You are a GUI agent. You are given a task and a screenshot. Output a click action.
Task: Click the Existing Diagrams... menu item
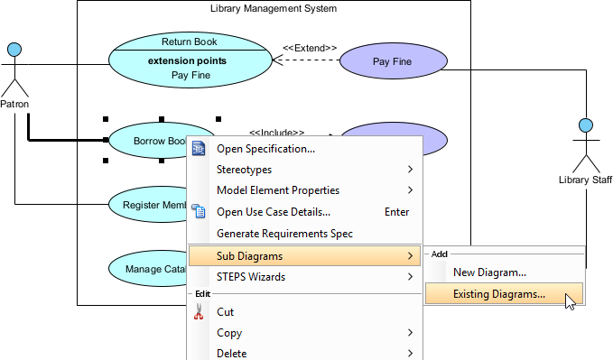coord(499,293)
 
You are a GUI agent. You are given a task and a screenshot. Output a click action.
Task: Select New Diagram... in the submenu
coord(489,272)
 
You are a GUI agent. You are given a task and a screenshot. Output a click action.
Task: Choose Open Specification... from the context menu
coord(265,149)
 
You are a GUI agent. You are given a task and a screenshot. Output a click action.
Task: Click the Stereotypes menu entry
coord(244,170)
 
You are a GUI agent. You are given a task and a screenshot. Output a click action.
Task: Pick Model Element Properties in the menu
coord(278,190)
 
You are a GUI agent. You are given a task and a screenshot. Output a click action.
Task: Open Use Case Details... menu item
coord(274,212)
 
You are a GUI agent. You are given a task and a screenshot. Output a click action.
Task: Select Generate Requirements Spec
coord(284,234)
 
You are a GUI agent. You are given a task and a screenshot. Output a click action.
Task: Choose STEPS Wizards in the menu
coord(251,277)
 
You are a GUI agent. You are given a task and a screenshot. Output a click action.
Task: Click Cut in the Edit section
coord(225,312)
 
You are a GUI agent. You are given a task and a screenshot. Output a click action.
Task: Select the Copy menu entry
coord(229,333)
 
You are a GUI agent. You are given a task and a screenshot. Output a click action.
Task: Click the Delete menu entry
coord(231,353)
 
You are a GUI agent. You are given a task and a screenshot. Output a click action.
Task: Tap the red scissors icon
coord(199,312)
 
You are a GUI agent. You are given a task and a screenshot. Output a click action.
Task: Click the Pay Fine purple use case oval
coord(393,61)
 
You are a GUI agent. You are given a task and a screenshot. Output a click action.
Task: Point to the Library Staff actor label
coord(585,180)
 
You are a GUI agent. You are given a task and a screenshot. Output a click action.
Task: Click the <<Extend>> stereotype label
coord(310,48)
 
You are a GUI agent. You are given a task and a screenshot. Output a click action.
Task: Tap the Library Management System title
coord(273,8)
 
